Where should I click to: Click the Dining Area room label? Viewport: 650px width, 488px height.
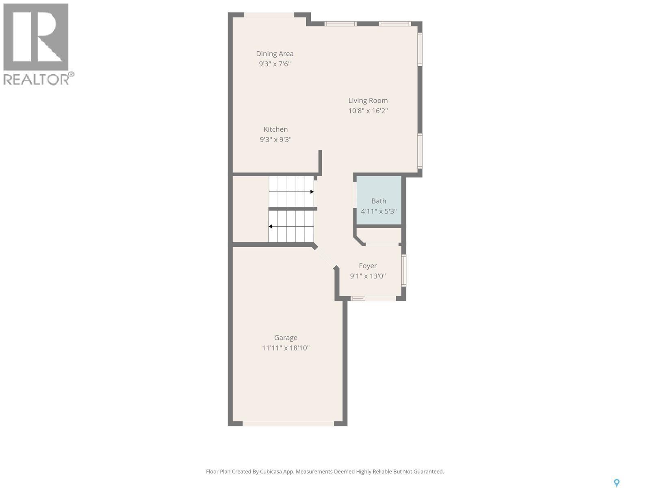pyautogui.click(x=275, y=54)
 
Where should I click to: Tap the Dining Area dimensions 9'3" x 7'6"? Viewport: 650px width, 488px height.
pyautogui.click(x=275, y=64)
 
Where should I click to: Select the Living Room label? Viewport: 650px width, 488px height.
pyautogui.click(x=368, y=100)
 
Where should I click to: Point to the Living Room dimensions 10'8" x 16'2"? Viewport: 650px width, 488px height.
pyautogui.click(x=368, y=111)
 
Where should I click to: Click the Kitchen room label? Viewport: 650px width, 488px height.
pyautogui.click(x=275, y=129)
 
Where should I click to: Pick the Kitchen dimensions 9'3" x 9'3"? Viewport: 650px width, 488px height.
pyautogui.click(x=275, y=139)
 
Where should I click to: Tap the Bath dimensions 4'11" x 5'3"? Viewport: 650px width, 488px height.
pyautogui.click(x=379, y=211)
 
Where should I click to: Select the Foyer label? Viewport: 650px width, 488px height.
pyautogui.click(x=368, y=266)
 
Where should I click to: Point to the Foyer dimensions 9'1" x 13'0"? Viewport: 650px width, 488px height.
pyautogui.click(x=368, y=276)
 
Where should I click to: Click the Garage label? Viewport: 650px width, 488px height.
pyautogui.click(x=286, y=338)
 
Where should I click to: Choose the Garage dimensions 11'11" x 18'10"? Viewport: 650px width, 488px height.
pyautogui.click(x=286, y=348)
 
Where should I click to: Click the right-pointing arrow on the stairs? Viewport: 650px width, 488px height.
pyautogui.click(x=311, y=192)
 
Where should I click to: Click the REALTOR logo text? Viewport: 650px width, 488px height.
pyautogui.click(x=38, y=79)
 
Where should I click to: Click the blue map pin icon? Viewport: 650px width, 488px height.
pyautogui.click(x=616, y=483)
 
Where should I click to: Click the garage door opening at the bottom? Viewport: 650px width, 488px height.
pyautogui.click(x=288, y=424)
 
